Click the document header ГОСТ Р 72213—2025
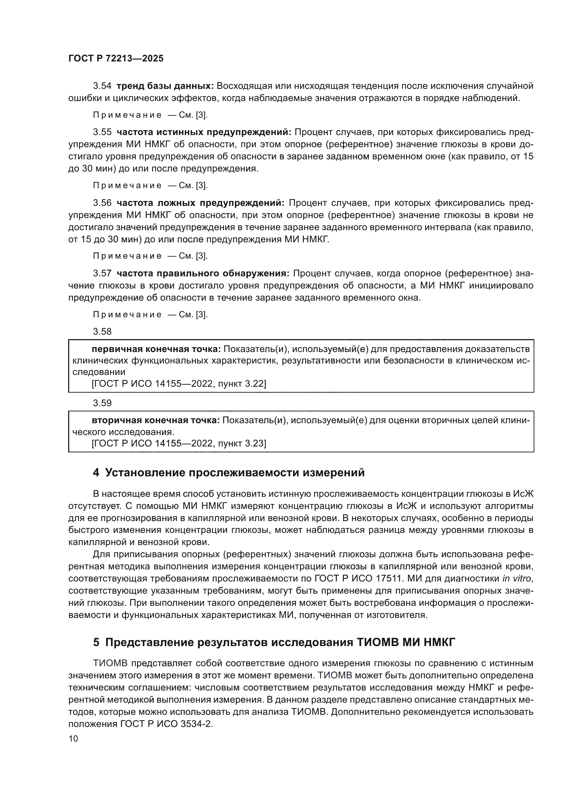(116, 59)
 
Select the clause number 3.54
(102, 86)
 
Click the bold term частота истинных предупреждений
(204, 132)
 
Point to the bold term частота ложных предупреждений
(200, 203)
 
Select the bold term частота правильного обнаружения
(203, 273)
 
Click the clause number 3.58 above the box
(102, 332)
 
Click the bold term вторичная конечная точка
(156, 420)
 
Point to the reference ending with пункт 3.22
(179, 384)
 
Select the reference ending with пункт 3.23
(179, 443)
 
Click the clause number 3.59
(102, 403)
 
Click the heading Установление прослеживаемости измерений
(234, 473)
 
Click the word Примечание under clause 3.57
(128, 315)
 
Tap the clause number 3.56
(102, 203)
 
